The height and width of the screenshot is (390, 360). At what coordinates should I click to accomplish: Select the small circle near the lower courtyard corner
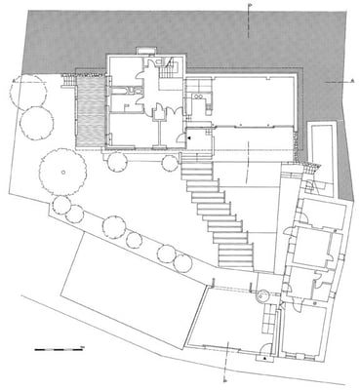[x=261, y=293]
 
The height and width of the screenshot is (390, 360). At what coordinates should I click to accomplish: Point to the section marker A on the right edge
[x=349, y=84]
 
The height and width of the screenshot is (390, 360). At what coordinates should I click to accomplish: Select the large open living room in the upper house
[x=253, y=101]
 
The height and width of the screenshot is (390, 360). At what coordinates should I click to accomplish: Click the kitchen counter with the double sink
[x=198, y=96]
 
